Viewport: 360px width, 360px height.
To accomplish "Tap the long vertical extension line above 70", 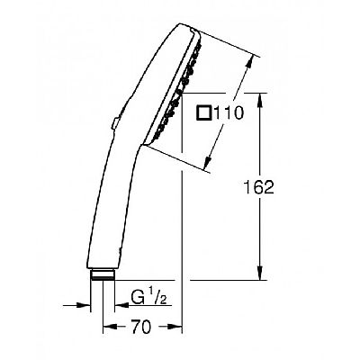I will tap(183, 225).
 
